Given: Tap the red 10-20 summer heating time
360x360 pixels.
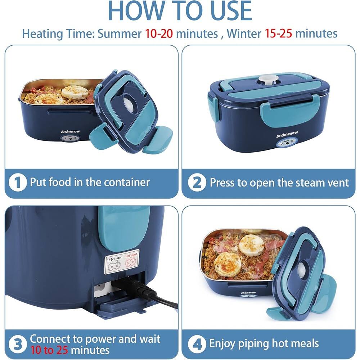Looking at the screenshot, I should click(x=159, y=33).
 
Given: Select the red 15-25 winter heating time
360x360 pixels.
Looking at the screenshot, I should click(x=279, y=33).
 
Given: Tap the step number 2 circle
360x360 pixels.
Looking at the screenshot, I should click(x=197, y=183).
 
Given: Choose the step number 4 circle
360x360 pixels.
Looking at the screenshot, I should click(x=197, y=343).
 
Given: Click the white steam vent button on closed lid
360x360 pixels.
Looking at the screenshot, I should click(x=266, y=79).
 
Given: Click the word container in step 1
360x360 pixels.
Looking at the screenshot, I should click(x=126, y=182).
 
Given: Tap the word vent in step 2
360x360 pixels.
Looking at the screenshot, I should click(x=338, y=183).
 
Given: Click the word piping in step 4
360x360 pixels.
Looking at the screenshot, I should click(x=253, y=343).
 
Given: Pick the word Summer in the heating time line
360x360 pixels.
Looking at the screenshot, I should click(x=120, y=33).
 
